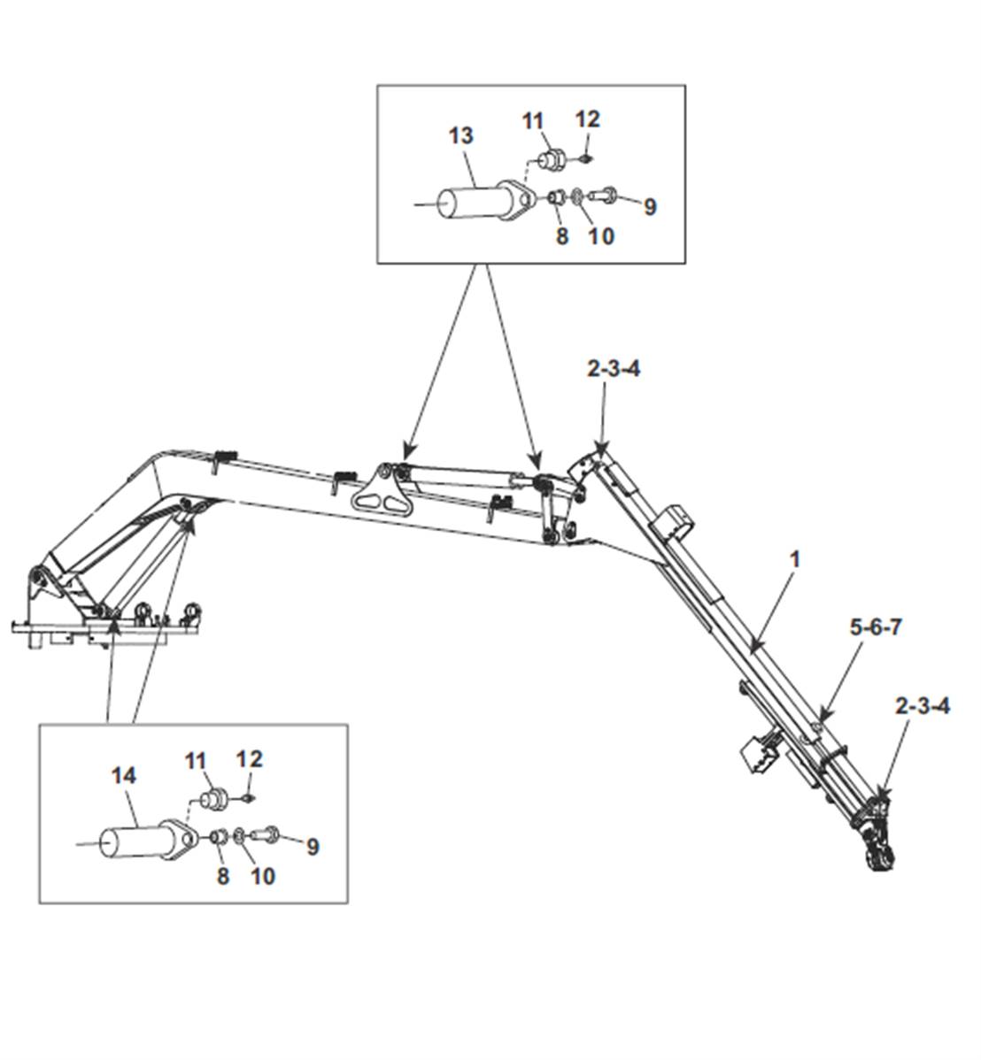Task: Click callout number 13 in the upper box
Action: coord(460,136)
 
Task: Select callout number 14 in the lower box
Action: coord(123,775)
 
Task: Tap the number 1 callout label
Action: coord(795,559)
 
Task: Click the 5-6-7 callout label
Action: coord(876,627)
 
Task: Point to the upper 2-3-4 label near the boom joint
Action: coord(613,369)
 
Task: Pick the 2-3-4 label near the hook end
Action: coord(923,706)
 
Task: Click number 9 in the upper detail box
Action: coord(650,207)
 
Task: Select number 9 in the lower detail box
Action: coord(312,847)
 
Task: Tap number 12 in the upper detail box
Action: coord(587,119)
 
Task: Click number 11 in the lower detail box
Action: coord(195,761)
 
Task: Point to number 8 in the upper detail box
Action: coord(561,236)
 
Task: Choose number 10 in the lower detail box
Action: coord(262,876)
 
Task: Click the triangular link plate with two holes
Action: coord(380,491)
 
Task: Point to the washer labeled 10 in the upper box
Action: coord(577,196)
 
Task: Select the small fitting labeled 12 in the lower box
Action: coord(249,798)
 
